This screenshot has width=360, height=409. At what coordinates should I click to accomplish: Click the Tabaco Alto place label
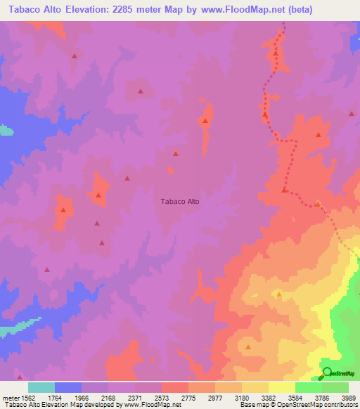click(x=181, y=201)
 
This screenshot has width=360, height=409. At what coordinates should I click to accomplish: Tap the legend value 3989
click(x=349, y=397)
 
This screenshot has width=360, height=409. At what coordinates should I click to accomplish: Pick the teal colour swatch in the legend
click(x=41, y=387)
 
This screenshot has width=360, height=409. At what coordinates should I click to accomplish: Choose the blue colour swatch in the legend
click(x=68, y=387)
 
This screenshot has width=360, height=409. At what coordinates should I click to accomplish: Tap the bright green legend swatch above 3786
click(x=309, y=387)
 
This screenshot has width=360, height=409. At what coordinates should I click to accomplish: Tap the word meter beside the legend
click(x=10, y=397)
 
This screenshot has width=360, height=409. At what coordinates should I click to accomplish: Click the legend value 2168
click(x=108, y=397)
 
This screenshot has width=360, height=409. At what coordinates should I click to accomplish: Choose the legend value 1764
click(x=55, y=397)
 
